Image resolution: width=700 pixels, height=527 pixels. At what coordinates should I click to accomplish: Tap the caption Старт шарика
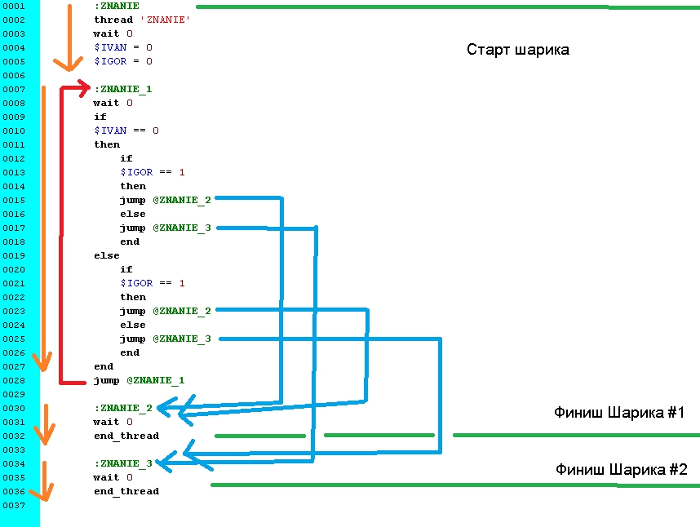click(517, 50)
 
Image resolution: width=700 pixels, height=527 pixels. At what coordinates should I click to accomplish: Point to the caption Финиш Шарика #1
click(618, 413)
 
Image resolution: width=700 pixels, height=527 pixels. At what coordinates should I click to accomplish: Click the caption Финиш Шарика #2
click(621, 470)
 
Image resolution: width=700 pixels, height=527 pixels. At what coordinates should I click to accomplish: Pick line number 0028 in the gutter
click(14, 380)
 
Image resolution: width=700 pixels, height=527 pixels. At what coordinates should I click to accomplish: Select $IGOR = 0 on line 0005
click(122, 61)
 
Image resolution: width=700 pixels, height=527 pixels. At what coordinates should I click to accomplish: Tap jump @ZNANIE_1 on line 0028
click(139, 380)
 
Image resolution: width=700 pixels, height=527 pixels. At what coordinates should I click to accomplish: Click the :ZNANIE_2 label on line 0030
click(122, 408)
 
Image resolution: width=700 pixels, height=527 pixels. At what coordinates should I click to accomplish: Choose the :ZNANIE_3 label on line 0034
click(122, 463)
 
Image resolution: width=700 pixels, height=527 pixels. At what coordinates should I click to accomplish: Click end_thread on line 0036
click(126, 491)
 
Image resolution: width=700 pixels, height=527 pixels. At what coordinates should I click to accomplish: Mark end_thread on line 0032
click(126, 436)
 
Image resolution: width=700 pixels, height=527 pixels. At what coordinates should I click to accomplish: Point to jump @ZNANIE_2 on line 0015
click(165, 200)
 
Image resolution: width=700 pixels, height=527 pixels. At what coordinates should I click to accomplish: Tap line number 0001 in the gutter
click(14, 6)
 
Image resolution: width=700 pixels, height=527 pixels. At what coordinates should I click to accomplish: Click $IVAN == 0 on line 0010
click(126, 131)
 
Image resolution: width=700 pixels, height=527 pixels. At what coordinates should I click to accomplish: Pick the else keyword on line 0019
click(106, 255)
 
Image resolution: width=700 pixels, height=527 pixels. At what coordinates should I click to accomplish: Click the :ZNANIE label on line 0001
click(116, 6)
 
